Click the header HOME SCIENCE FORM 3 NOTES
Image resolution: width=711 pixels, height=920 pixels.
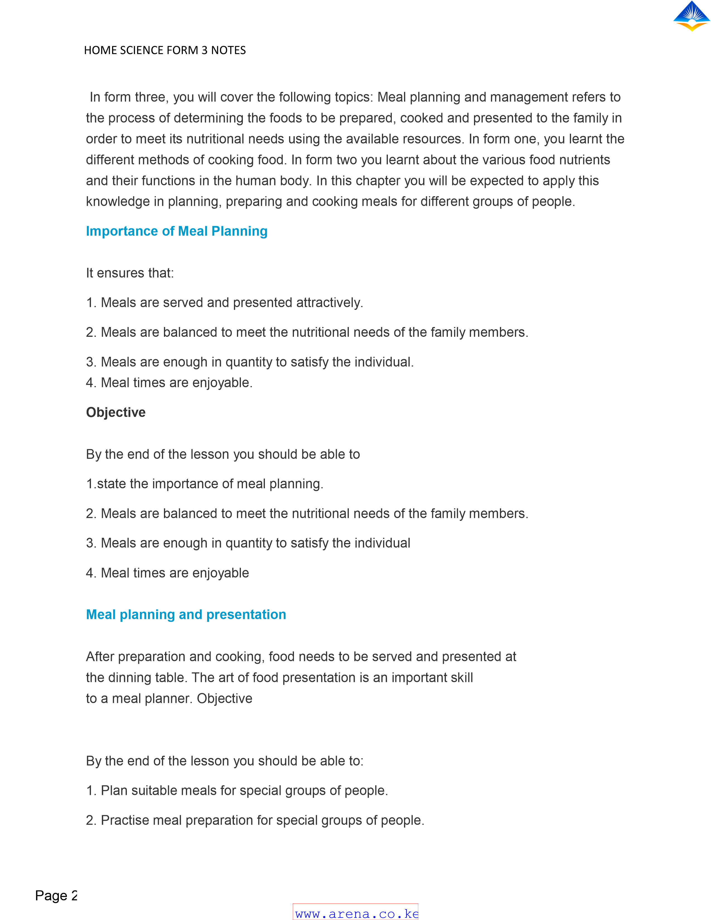click(165, 50)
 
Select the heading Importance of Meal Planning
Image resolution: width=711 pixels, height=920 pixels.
click(176, 231)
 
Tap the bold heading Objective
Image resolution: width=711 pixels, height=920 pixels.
click(116, 412)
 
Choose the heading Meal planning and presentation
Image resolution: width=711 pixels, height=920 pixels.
click(186, 615)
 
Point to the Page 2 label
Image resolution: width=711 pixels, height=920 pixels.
click(56, 895)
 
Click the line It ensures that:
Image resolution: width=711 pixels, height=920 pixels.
click(130, 273)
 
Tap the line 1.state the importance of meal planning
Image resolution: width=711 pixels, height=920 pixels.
click(205, 484)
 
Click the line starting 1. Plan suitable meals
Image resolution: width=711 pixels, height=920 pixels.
click(237, 791)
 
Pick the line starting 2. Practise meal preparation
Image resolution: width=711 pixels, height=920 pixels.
click(255, 820)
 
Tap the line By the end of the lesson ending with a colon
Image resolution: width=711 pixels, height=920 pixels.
click(224, 761)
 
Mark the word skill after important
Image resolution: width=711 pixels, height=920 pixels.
click(462, 678)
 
